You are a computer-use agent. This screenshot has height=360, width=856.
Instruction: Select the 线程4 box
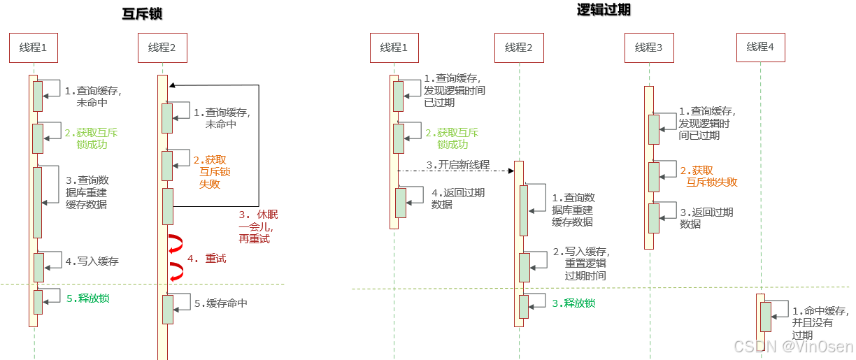click(x=761, y=48)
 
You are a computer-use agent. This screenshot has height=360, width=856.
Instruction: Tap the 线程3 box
click(x=648, y=48)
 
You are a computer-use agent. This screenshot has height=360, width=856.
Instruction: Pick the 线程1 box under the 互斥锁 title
click(x=33, y=48)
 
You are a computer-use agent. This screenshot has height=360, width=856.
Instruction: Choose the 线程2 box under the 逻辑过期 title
click(x=519, y=48)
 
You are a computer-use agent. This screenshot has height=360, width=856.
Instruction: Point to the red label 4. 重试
click(x=206, y=259)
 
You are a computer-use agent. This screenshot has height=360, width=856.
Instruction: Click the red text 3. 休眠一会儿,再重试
click(x=254, y=226)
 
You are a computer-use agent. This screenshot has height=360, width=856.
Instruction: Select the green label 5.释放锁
click(x=87, y=298)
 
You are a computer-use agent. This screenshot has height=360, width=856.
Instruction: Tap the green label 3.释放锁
click(x=573, y=303)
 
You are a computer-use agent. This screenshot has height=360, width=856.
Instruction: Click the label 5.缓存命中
click(x=220, y=303)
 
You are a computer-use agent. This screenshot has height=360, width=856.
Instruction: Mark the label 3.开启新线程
click(x=458, y=165)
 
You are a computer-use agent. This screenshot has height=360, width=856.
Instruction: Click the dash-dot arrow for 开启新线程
click(x=455, y=171)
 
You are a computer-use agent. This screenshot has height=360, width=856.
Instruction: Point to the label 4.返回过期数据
click(x=458, y=199)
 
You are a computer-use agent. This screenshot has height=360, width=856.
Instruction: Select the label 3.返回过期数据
click(x=706, y=217)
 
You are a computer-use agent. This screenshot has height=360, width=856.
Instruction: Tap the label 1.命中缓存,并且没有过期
click(x=820, y=323)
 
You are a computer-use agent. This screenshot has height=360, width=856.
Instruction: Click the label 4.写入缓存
click(x=92, y=261)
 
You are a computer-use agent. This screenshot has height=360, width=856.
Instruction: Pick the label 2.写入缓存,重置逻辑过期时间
click(x=580, y=264)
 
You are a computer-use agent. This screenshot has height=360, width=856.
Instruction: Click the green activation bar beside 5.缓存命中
click(x=168, y=309)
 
